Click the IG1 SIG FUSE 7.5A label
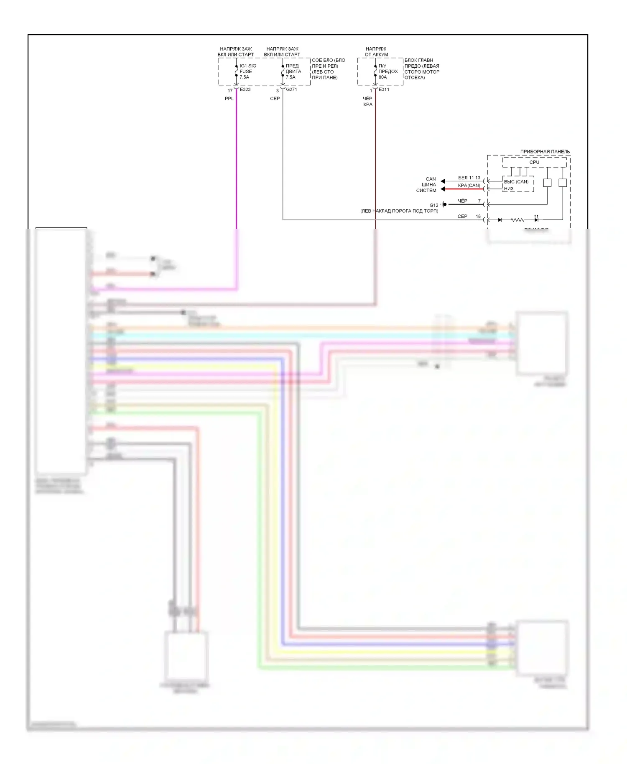247,71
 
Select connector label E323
245,89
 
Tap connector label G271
291,89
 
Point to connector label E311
384,89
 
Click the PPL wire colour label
229,99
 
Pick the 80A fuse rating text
382,77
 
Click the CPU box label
534,162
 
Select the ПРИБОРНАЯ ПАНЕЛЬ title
545,151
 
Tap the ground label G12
434,205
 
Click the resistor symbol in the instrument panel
517,220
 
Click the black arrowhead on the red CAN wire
443,189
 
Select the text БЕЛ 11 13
469,178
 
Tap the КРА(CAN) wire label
469,186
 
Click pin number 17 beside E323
230,91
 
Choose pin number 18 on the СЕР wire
478,216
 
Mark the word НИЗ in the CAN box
509,189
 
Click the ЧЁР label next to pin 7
462,201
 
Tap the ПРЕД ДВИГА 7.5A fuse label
293,71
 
